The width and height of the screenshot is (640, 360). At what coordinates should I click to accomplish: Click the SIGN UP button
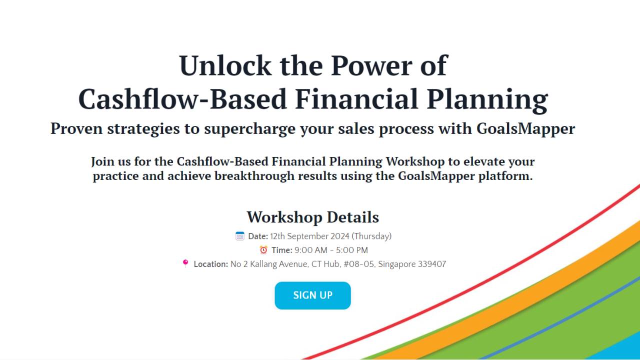click(x=312, y=295)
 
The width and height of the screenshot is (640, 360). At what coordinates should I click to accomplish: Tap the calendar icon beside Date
click(x=240, y=236)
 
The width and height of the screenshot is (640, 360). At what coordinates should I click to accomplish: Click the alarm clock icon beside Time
click(x=263, y=249)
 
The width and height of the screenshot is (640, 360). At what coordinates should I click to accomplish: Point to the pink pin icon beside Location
click(x=185, y=263)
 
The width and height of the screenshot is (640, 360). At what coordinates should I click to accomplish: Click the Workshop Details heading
click(x=312, y=217)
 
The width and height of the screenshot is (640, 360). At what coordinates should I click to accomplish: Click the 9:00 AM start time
click(x=307, y=250)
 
